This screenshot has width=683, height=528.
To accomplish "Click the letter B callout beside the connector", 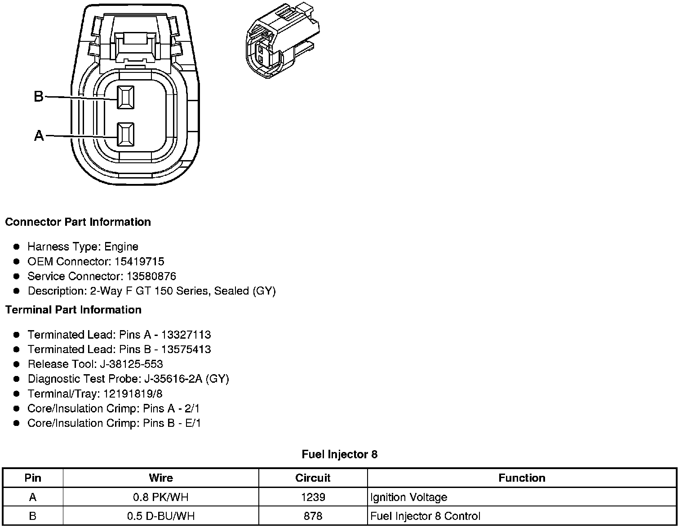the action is (39, 96).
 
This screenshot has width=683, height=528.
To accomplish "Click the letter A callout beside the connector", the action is (39, 135).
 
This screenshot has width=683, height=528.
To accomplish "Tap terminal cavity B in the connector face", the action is (125, 97).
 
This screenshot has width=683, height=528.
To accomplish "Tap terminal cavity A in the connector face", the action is (125, 134).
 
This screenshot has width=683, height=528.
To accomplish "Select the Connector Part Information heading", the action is (78, 222).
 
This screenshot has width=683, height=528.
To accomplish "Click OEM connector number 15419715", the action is (139, 261).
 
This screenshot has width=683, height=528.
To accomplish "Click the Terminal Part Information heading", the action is (73, 310).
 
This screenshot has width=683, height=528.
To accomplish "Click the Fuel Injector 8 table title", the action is (340, 454).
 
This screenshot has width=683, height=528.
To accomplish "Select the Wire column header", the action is (161, 478).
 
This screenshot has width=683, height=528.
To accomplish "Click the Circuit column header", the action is (313, 478).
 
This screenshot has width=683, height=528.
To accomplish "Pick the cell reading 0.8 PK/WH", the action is (161, 497).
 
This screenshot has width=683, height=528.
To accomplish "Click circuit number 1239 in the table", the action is (313, 497).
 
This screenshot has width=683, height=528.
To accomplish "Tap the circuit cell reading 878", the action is (313, 516).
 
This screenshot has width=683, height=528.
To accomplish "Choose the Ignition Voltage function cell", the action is (409, 497).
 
